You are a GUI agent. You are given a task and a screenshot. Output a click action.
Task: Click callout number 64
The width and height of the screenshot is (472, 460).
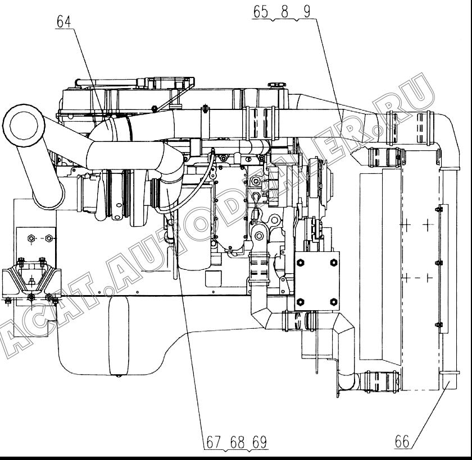tap(64, 22)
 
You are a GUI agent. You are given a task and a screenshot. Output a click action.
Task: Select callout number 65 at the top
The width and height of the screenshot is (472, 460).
tap(260, 12)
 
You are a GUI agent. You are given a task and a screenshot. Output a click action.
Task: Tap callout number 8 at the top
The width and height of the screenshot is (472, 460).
tap(284, 12)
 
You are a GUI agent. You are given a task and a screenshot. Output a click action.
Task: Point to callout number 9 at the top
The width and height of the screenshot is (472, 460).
tap(307, 12)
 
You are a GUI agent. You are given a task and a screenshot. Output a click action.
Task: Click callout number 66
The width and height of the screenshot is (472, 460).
tap(402, 441)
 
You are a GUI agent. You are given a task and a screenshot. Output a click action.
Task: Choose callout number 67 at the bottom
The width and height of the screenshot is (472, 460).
tap(214, 441)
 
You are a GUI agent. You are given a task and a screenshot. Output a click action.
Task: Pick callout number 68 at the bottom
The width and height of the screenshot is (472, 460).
tap(238, 441)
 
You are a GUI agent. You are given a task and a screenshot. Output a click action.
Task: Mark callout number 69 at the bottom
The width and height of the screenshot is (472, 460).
tap(260, 441)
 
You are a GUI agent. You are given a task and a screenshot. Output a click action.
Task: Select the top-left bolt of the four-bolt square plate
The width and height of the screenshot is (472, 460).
tap(301, 263)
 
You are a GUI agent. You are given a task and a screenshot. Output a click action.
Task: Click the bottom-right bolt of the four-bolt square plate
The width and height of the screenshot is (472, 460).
tap(334, 301)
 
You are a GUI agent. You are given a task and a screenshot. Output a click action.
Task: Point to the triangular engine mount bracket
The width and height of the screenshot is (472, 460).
tap(31, 278)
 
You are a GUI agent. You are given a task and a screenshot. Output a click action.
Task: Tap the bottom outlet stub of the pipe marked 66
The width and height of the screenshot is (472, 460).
tap(450, 381)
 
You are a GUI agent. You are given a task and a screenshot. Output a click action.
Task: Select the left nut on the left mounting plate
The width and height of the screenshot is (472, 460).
tap(31, 238)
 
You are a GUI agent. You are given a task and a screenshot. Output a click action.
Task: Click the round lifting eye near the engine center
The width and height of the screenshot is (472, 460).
tap(258, 235)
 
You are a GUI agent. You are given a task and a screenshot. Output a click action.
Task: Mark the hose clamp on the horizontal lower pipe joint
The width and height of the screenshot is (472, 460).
tap(299, 320)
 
